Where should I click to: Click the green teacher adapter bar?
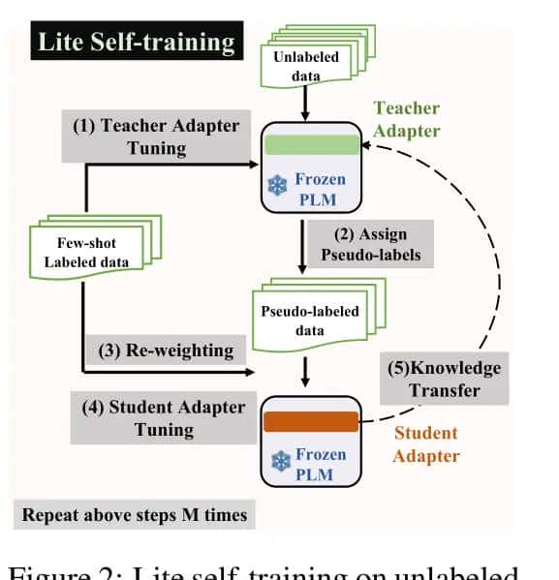pyautogui.click(x=311, y=145)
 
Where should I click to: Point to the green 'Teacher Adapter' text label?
pyautogui.click(x=406, y=119)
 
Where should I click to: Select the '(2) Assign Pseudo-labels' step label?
pyautogui.click(x=367, y=245)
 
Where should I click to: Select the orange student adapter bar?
pyautogui.click(x=311, y=422)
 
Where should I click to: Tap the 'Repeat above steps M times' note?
pyautogui.click(x=136, y=514)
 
